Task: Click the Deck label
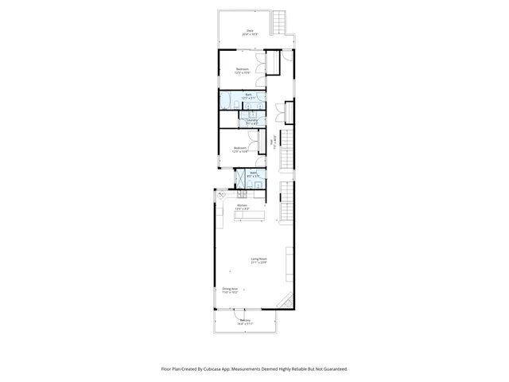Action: coord(249,33)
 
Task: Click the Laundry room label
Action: coord(252,122)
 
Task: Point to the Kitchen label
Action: coord(243,207)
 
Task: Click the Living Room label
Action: coord(258,260)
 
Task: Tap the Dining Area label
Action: coord(231,290)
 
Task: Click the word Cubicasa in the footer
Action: coord(214,368)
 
